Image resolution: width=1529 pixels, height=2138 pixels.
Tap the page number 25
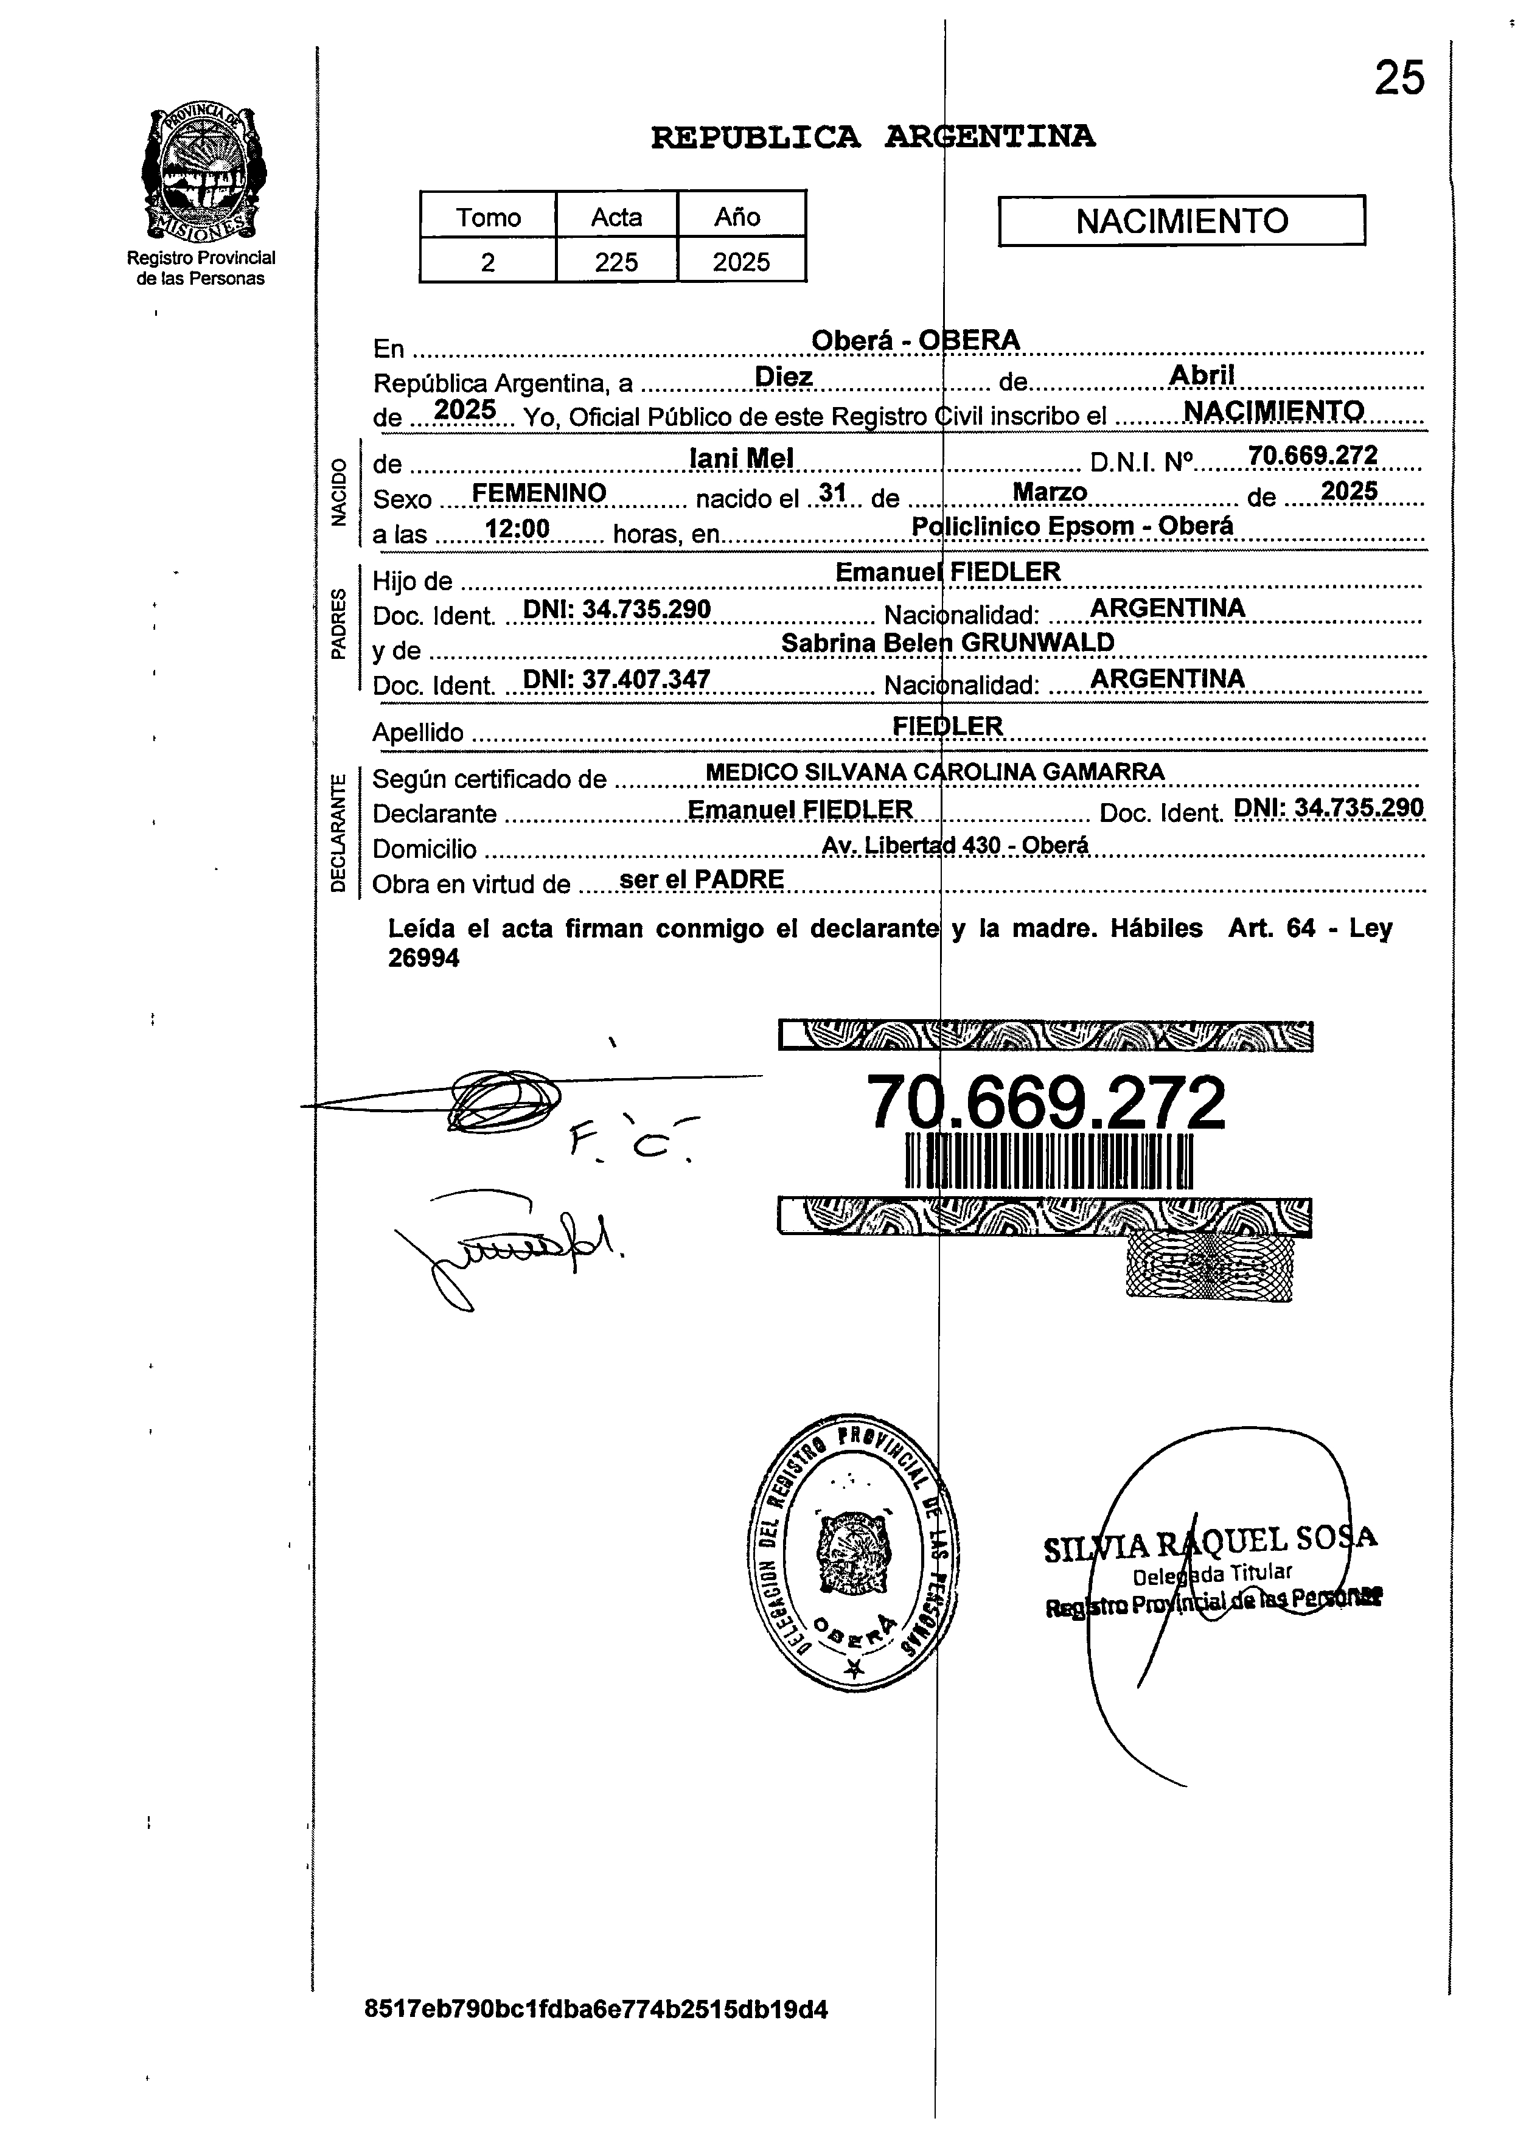[x=1399, y=78]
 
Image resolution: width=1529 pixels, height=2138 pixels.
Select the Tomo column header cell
[x=488, y=217]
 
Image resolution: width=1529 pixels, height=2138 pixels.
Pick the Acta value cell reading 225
[x=616, y=262]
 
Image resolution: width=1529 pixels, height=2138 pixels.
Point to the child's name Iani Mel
[x=741, y=459]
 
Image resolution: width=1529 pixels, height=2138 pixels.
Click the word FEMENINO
[x=538, y=493]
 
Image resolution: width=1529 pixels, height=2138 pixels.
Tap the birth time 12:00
[x=517, y=529]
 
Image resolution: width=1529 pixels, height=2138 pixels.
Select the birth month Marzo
[x=1049, y=492]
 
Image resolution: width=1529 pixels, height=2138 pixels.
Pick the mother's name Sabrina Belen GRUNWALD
[x=947, y=643]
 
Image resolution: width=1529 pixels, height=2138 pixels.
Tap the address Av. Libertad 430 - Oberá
[x=955, y=846]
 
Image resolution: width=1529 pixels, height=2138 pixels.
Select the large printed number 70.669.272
[x=1045, y=1102]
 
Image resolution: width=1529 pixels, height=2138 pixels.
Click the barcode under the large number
[x=1048, y=1161]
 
